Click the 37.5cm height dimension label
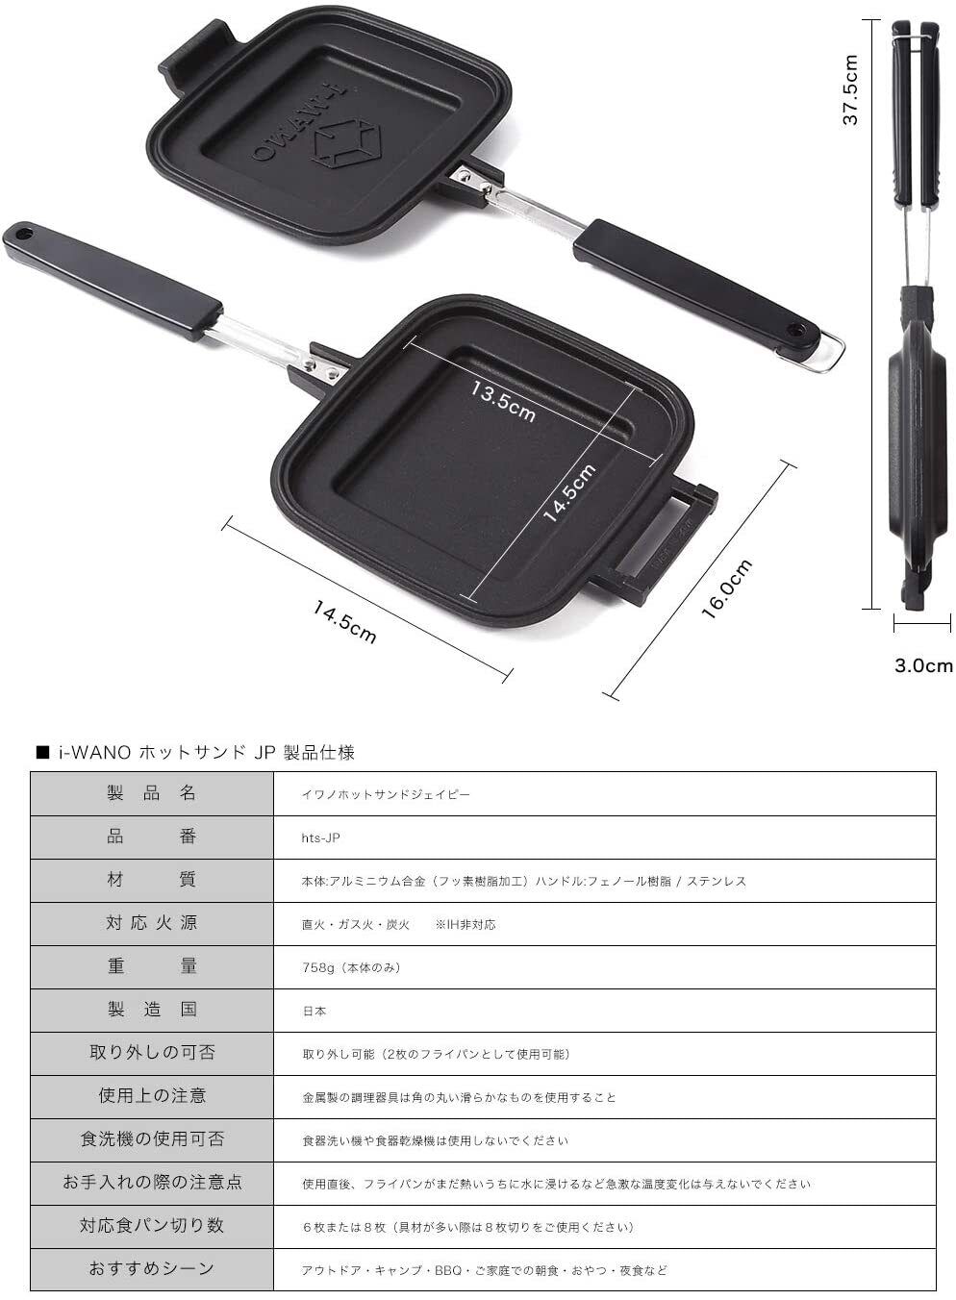point(850,89)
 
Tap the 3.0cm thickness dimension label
point(922,665)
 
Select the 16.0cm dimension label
point(727,588)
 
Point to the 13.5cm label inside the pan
point(502,399)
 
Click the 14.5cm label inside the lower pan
point(569,492)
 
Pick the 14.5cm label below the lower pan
point(343,622)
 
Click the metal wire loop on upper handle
point(825,352)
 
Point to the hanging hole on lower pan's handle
point(23,232)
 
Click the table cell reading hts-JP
point(320,837)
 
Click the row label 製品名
point(152,793)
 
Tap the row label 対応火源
point(152,923)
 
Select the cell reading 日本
point(314,1011)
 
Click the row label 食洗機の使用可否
point(152,1139)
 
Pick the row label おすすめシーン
point(152,1269)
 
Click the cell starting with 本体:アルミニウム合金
point(523,881)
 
